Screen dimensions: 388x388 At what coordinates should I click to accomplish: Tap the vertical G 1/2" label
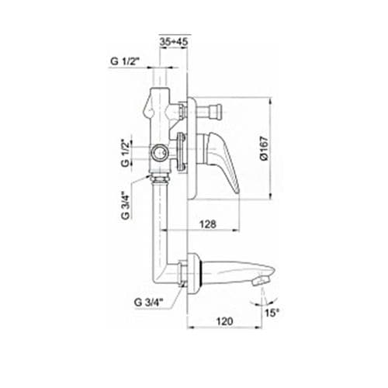point(126,147)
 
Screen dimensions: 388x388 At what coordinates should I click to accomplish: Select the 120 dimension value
point(225,319)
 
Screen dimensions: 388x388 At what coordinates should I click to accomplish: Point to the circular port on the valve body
point(160,153)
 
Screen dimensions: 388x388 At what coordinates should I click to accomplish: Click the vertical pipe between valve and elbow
point(162,221)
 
